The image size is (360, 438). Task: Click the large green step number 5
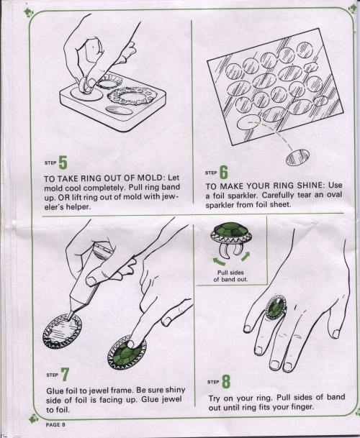(63, 163)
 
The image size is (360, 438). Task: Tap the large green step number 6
(223, 172)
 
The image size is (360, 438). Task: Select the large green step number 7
(65, 374)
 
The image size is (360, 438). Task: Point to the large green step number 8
(226, 382)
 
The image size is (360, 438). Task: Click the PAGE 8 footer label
(55, 424)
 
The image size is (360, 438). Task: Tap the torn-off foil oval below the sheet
(298, 158)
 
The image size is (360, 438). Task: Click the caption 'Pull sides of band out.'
(230, 275)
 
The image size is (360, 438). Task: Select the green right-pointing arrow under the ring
(245, 257)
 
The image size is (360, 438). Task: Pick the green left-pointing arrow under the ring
(219, 262)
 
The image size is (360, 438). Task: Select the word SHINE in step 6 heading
(310, 186)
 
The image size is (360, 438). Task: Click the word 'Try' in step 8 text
(215, 398)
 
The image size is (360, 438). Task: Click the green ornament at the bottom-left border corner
(34, 418)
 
